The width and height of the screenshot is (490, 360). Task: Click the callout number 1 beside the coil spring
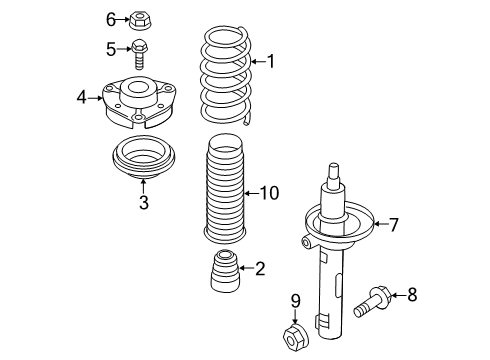(x=272, y=61)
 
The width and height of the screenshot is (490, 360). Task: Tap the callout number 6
(x=111, y=19)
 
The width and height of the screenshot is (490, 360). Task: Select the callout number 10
(x=269, y=193)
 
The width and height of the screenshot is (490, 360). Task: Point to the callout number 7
(x=394, y=224)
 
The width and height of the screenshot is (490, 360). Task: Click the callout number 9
(x=296, y=301)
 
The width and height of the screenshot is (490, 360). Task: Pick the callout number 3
(x=144, y=202)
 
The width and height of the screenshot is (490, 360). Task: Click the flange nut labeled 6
(x=138, y=20)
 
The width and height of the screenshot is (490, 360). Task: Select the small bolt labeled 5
(x=140, y=54)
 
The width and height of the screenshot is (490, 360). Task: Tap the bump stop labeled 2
(x=225, y=271)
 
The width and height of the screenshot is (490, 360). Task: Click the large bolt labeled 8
(x=373, y=302)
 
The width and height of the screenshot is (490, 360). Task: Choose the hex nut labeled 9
(x=295, y=337)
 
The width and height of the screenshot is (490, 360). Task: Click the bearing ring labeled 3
(x=143, y=157)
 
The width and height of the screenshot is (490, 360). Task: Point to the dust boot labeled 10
(x=225, y=188)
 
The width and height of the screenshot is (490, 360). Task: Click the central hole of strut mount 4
(x=138, y=88)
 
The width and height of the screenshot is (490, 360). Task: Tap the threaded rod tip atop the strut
(x=334, y=168)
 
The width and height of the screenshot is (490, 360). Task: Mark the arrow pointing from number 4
(x=95, y=98)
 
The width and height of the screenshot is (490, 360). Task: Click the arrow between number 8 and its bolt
(x=398, y=295)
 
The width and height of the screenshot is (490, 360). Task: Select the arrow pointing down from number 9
(x=295, y=316)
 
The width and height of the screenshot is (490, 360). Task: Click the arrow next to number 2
(x=247, y=268)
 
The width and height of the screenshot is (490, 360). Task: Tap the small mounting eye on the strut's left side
(x=306, y=242)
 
